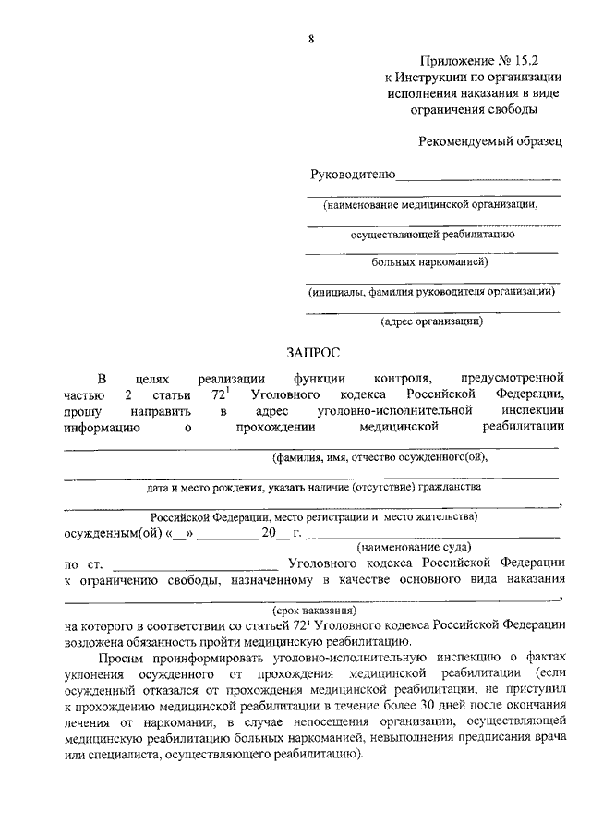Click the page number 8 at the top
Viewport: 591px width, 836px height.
311,38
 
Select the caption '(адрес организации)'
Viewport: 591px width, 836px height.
432,321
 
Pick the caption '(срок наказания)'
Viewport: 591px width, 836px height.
314,611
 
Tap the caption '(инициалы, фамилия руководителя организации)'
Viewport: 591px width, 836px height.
432,291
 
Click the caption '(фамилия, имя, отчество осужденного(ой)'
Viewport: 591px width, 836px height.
379,455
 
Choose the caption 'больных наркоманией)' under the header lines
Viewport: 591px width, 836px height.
430,261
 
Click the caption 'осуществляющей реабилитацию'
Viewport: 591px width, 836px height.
432,234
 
